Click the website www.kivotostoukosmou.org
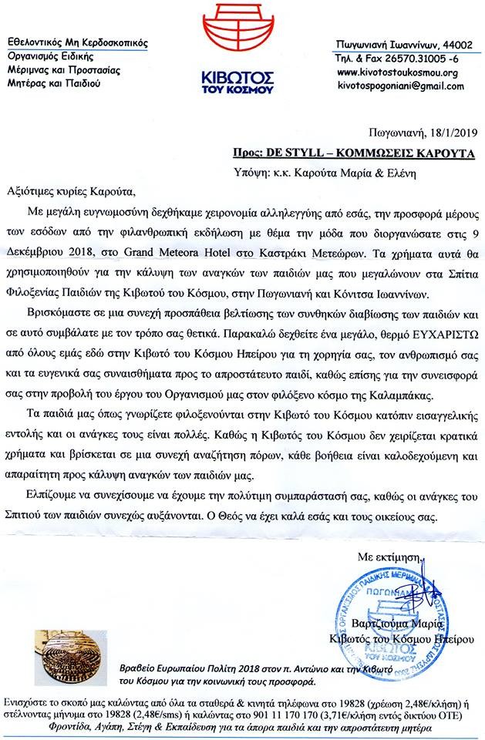tap(398, 72)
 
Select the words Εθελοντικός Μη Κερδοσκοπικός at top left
tap(77, 42)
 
